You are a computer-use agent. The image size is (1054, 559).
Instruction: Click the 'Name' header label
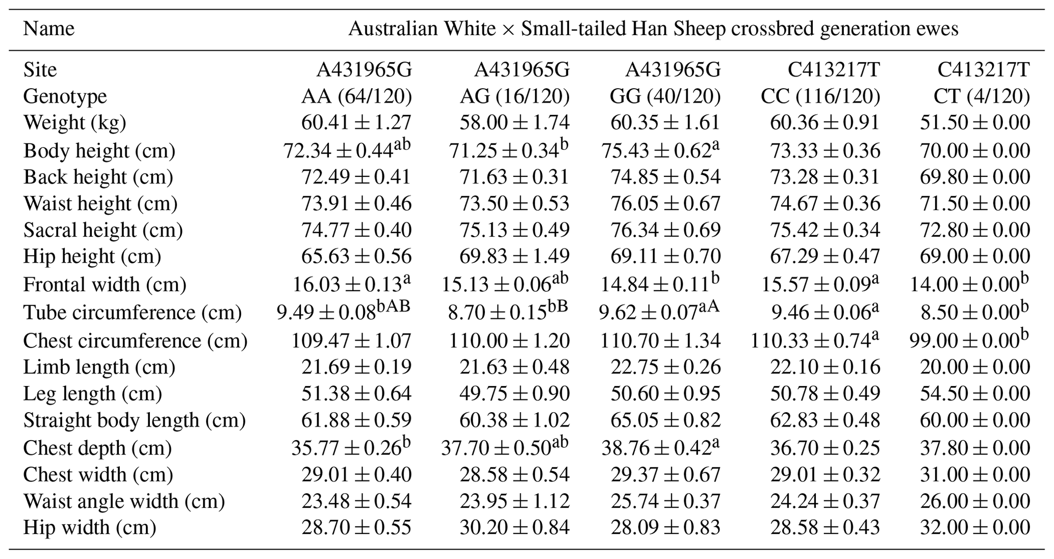click(x=48, y=29)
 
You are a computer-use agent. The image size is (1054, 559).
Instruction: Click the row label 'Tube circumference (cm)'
click(x=132, y=313)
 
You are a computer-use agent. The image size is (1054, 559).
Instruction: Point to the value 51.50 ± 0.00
click(x=974, y=123)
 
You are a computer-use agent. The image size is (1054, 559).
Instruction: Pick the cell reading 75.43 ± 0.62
click(x=661, y=151)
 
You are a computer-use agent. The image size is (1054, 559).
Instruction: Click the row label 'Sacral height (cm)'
click(x=102, y=230)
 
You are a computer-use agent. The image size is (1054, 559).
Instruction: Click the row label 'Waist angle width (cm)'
click(x=124, y=501)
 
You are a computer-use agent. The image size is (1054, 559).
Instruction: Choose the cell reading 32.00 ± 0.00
click(x=974, y=527)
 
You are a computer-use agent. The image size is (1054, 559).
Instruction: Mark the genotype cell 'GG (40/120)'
click(x=665, y=96)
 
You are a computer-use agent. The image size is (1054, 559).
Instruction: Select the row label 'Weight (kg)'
click(x=74, y=123)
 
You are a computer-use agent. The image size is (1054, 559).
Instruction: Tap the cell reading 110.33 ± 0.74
click(x=815, y=341)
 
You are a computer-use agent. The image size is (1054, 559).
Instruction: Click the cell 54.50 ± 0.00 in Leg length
click(x=974, y=394)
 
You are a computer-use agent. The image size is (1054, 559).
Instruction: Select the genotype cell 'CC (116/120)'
click(x=820, y=96)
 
